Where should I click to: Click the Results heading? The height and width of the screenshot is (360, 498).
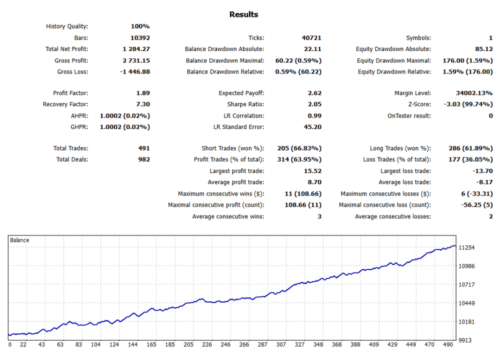(x=243, y=14)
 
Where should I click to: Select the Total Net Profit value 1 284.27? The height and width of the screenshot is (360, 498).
(x=136, y=49)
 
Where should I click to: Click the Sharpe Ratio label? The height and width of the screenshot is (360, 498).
(x=245, y=104)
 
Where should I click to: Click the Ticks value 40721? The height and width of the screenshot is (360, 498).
(x=311, y=38)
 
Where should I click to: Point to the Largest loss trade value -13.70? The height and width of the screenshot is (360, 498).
(x=481, y=171)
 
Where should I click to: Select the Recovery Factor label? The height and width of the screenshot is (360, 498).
(x=65, y=104)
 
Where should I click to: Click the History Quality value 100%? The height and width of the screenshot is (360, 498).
(x=140, y=26)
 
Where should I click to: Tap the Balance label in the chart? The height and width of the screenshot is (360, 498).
(x=19, y=240)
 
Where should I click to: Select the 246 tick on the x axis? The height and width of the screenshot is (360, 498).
(x=225, y=345)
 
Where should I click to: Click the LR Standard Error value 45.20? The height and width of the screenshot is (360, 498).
(x=312, y=127)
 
